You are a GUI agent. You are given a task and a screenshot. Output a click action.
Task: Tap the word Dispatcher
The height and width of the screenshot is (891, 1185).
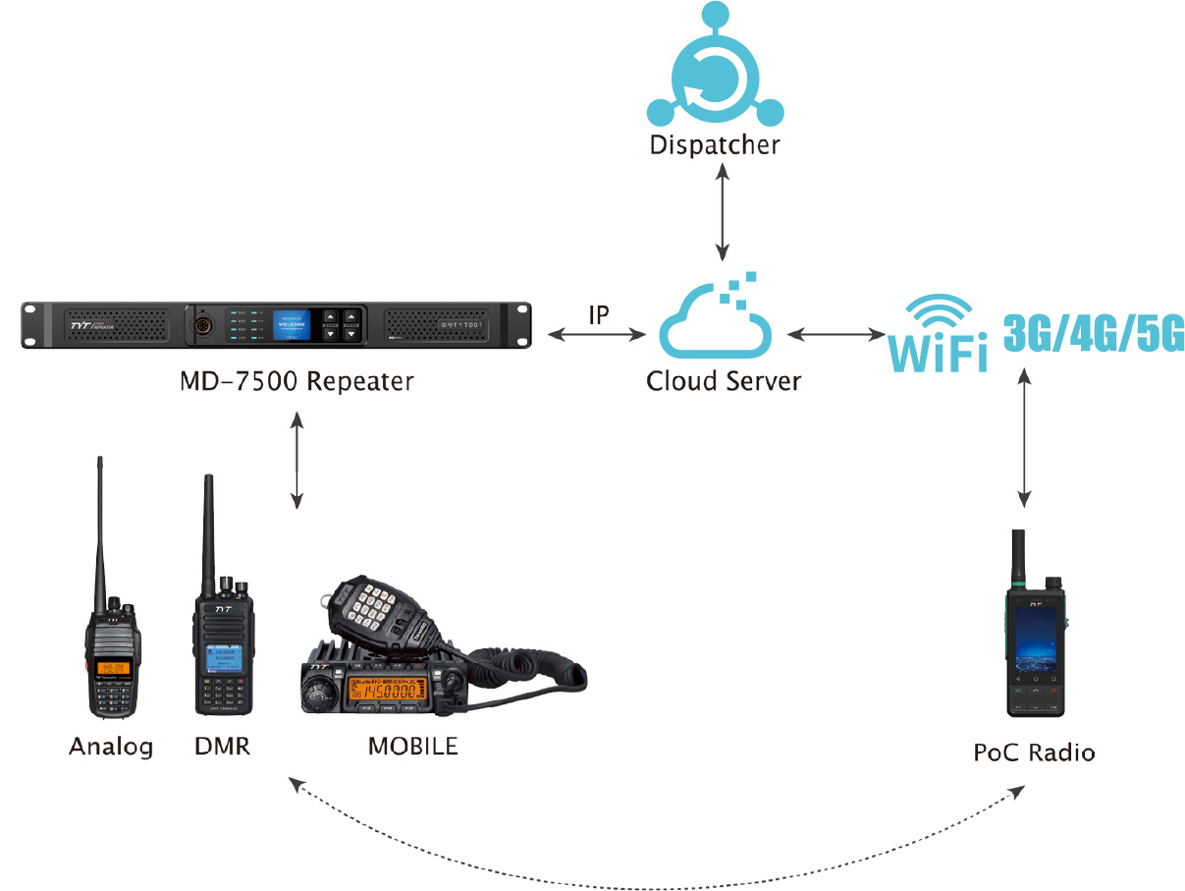pyautogui.click(x=715, y=145)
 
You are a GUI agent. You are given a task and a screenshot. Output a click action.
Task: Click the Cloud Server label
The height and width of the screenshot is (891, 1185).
pyautogui.click(x=724, y=381)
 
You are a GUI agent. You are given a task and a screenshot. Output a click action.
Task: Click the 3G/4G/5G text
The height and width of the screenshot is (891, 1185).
pyautogui.click(x=1093, y=335)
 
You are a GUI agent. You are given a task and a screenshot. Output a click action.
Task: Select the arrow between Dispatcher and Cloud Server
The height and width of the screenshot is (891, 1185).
pyautogui.click(x=723, y=211)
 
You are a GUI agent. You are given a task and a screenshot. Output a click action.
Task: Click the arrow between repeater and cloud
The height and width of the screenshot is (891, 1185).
pyautogui.click(x=597, y=336)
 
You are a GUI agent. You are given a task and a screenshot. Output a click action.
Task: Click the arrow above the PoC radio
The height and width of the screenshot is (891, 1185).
pyautogui.click(x=1024, y=437)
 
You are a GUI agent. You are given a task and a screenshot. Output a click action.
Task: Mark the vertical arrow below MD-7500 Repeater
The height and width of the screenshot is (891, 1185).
pyautogui.click(x=296, y=461)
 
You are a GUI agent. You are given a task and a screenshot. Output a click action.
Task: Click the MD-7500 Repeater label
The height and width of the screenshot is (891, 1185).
pyautogui.click(x=296, y=381)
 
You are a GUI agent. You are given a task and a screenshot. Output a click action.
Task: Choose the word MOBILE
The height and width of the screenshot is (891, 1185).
pyautogui.click(x=412, y=746)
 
